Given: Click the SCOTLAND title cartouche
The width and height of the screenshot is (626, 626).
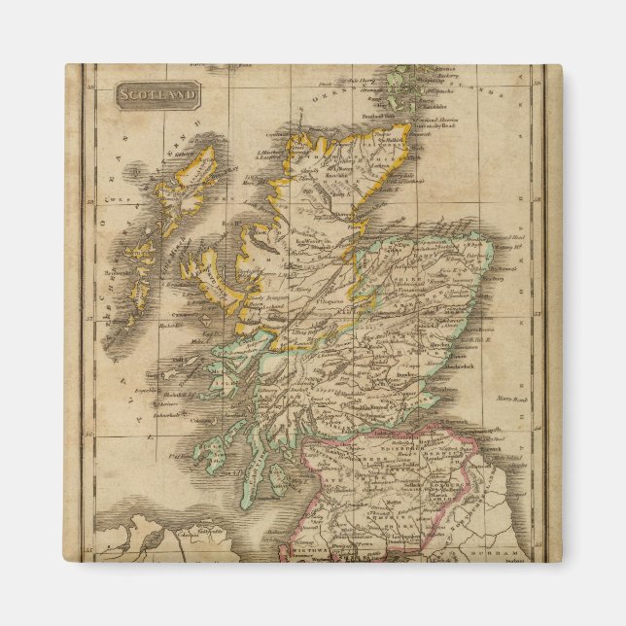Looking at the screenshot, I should click(156, 95).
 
